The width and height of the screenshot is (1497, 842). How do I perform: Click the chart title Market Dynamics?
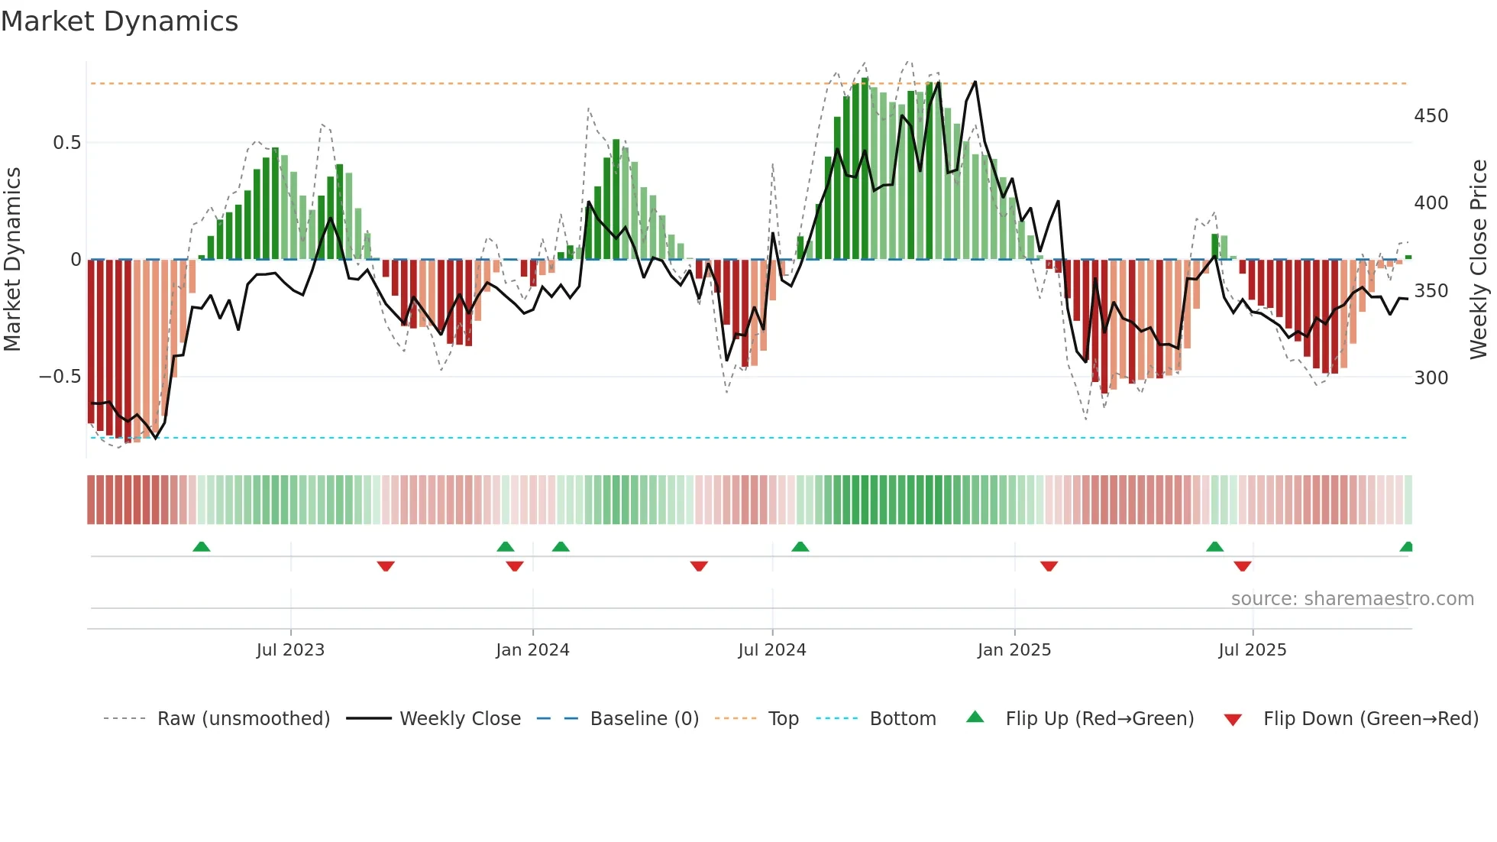(x=119, y=21)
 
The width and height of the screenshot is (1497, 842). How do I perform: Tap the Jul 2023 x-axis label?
(x=290, y=650)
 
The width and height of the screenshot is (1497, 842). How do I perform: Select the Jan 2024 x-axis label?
(x=532, y=650)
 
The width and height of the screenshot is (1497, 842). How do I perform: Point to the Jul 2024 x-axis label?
(x=772, y=650)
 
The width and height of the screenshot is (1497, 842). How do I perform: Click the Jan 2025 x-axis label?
(x=1014, y=650)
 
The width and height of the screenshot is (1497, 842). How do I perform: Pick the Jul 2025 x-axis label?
(x=1253, y=650)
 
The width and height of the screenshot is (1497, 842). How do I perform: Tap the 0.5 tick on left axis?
(x=66, y=143)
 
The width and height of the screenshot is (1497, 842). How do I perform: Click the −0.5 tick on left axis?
(x=60, y=377)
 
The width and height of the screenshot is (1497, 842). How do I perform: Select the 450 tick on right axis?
(x=1431, y=116)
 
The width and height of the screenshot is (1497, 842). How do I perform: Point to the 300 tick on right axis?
(x=1431, y=378)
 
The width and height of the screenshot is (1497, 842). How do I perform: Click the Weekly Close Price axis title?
(x=1479, y=260)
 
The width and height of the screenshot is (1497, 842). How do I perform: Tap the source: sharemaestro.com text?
(x=1352, y=599)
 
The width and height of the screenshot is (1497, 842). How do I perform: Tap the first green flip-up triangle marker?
(x=202, y=547)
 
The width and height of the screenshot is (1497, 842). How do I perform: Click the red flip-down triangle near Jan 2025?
(x=1049, y=566)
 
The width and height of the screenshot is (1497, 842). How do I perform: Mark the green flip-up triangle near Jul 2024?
(x=800, y=547)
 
